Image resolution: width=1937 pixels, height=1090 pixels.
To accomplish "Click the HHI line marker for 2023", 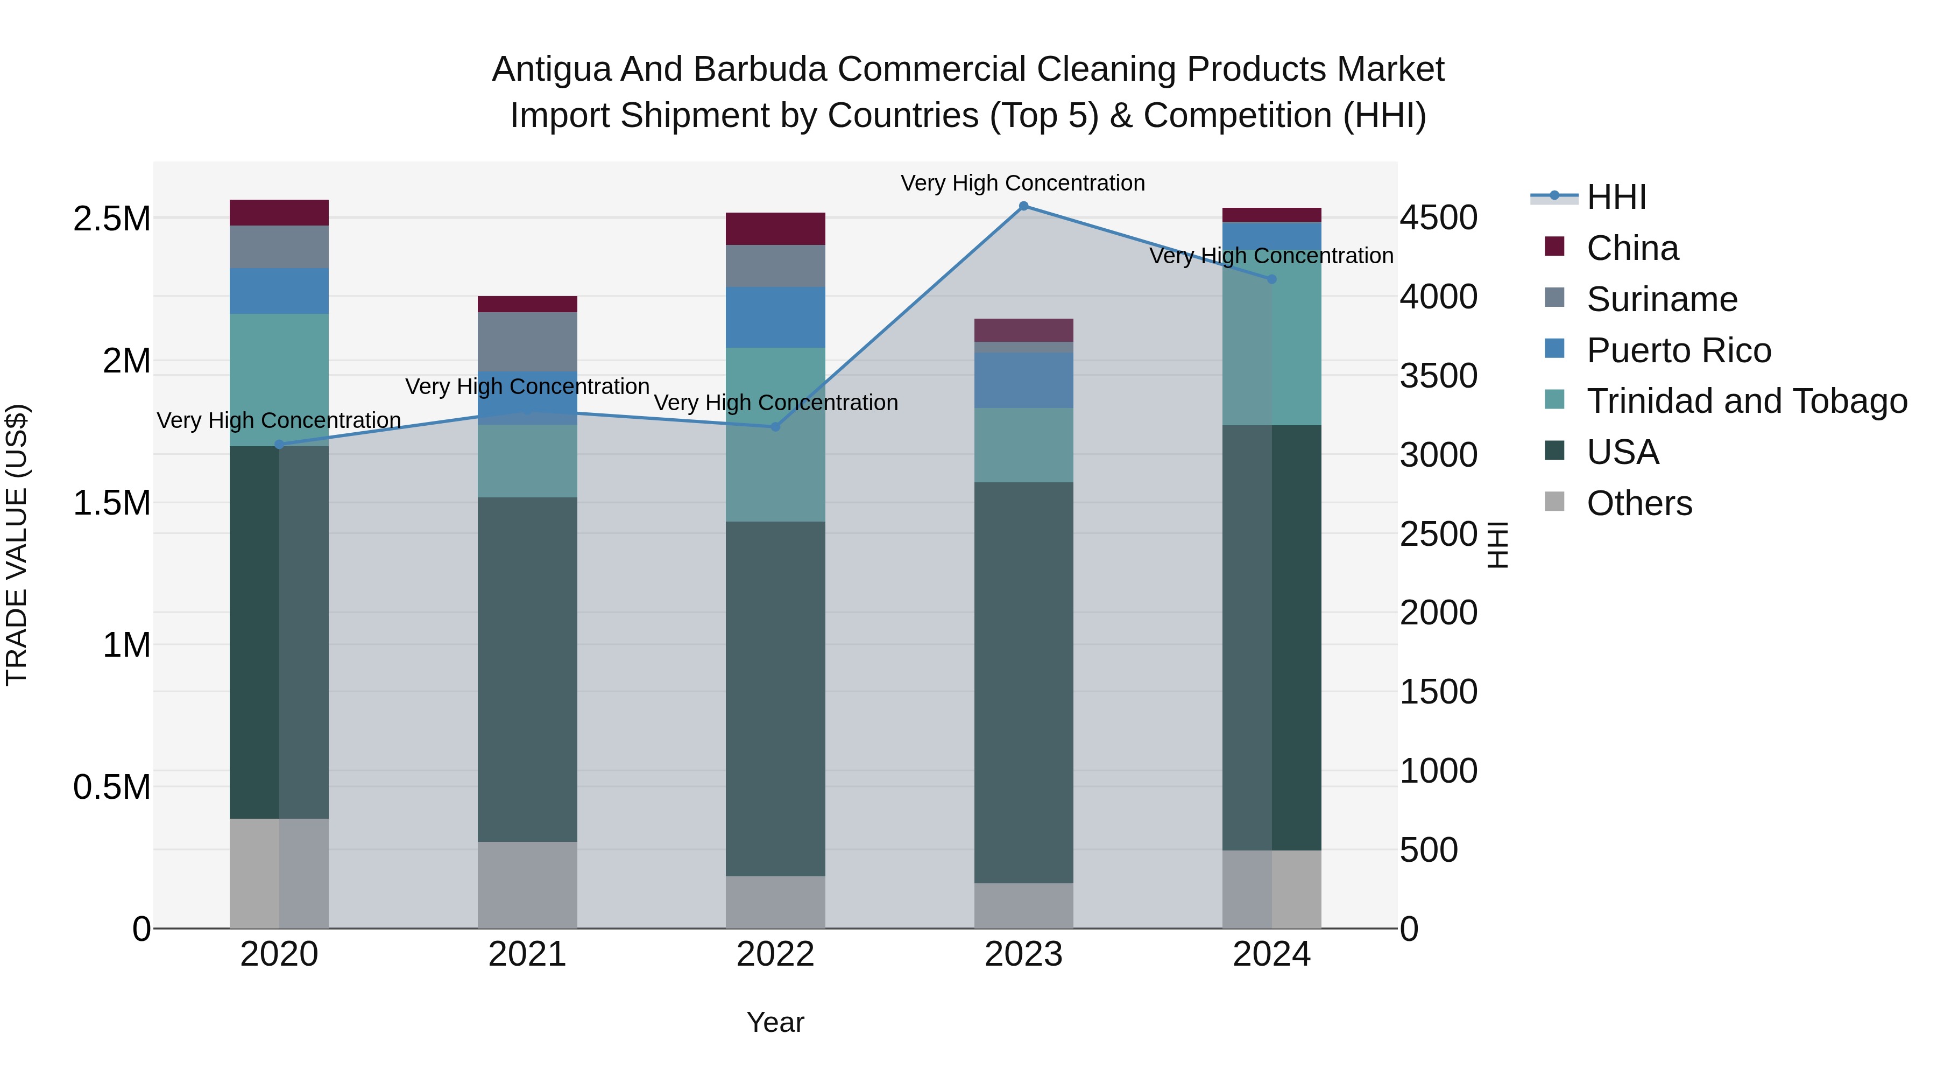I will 1023,206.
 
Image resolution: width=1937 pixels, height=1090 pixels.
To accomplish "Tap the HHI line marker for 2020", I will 279,445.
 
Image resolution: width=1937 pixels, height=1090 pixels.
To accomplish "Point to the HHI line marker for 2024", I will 1271,279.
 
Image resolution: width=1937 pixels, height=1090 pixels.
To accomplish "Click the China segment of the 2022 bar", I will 775,229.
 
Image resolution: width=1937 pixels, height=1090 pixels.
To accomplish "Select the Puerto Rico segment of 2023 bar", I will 1023,381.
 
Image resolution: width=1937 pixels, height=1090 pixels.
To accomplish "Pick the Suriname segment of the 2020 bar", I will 279,247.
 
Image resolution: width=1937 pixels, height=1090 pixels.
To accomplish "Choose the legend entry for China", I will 1632,248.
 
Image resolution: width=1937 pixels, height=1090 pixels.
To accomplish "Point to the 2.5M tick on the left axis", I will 111,219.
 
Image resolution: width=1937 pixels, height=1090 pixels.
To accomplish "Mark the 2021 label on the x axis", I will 527,954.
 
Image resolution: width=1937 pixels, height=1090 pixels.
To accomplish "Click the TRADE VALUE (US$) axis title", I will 17,545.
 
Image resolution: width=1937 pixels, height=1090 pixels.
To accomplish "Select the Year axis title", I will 775,1022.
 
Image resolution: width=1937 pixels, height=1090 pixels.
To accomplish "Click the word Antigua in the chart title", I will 550,69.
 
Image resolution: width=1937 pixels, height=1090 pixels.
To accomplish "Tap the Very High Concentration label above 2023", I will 1023,183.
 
